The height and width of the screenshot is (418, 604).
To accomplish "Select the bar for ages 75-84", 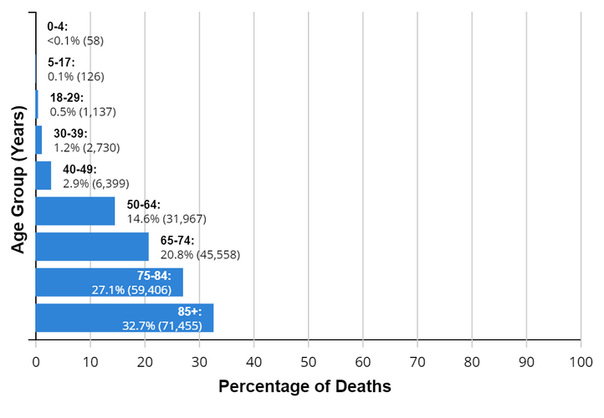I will (x=109, y=283).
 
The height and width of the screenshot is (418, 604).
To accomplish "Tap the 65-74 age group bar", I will (x=92, y=247).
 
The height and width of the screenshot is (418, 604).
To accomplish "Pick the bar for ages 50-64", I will (x=75, y=211).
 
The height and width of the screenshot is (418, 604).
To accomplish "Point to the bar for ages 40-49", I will (x=44, y=176).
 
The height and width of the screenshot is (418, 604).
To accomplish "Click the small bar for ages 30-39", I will (x=38, y=140).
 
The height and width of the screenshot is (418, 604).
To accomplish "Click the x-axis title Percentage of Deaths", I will (x=305, y=388).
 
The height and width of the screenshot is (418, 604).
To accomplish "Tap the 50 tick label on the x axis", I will (x=308, y=361).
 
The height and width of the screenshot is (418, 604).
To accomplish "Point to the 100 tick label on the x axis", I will (x=581, y=361).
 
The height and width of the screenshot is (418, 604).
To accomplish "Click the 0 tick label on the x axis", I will (x=36, y=361).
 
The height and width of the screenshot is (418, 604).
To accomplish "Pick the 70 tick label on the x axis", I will (x=417, y=361).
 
